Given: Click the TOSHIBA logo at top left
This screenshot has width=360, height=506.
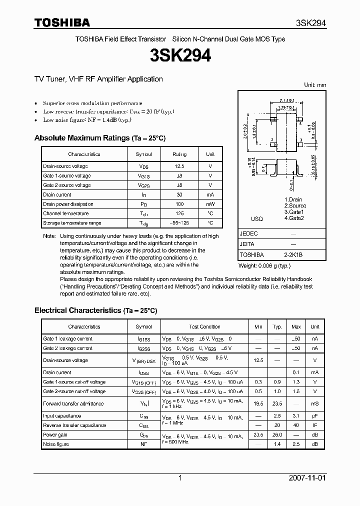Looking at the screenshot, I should point(62,22).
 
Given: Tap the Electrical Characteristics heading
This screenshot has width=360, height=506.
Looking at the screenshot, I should point(78,310).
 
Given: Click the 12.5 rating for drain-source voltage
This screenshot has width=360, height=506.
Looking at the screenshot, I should point(179,166).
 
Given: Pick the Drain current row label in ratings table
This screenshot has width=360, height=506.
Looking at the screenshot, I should point(57,194).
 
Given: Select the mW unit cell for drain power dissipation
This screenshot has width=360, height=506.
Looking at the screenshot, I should point(210,204).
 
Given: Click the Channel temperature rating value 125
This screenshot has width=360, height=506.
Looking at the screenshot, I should point(179,213).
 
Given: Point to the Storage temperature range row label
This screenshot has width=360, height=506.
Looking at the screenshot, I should point(72,223).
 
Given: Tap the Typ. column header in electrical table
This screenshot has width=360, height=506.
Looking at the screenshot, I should point(277,326).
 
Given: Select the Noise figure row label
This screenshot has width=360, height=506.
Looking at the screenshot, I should point(56,444).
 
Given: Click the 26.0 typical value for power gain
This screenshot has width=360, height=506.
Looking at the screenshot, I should point(277,434).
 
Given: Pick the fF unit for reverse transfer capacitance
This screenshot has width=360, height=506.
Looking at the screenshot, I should point(314,425).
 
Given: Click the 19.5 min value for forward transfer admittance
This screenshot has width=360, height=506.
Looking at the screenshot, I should point(258,403).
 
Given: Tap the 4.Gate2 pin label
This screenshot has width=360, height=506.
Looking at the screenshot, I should point(295,218).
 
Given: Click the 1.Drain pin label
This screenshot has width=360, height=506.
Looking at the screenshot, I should point(293,199).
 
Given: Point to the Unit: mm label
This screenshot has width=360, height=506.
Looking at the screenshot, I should point(315,85).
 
